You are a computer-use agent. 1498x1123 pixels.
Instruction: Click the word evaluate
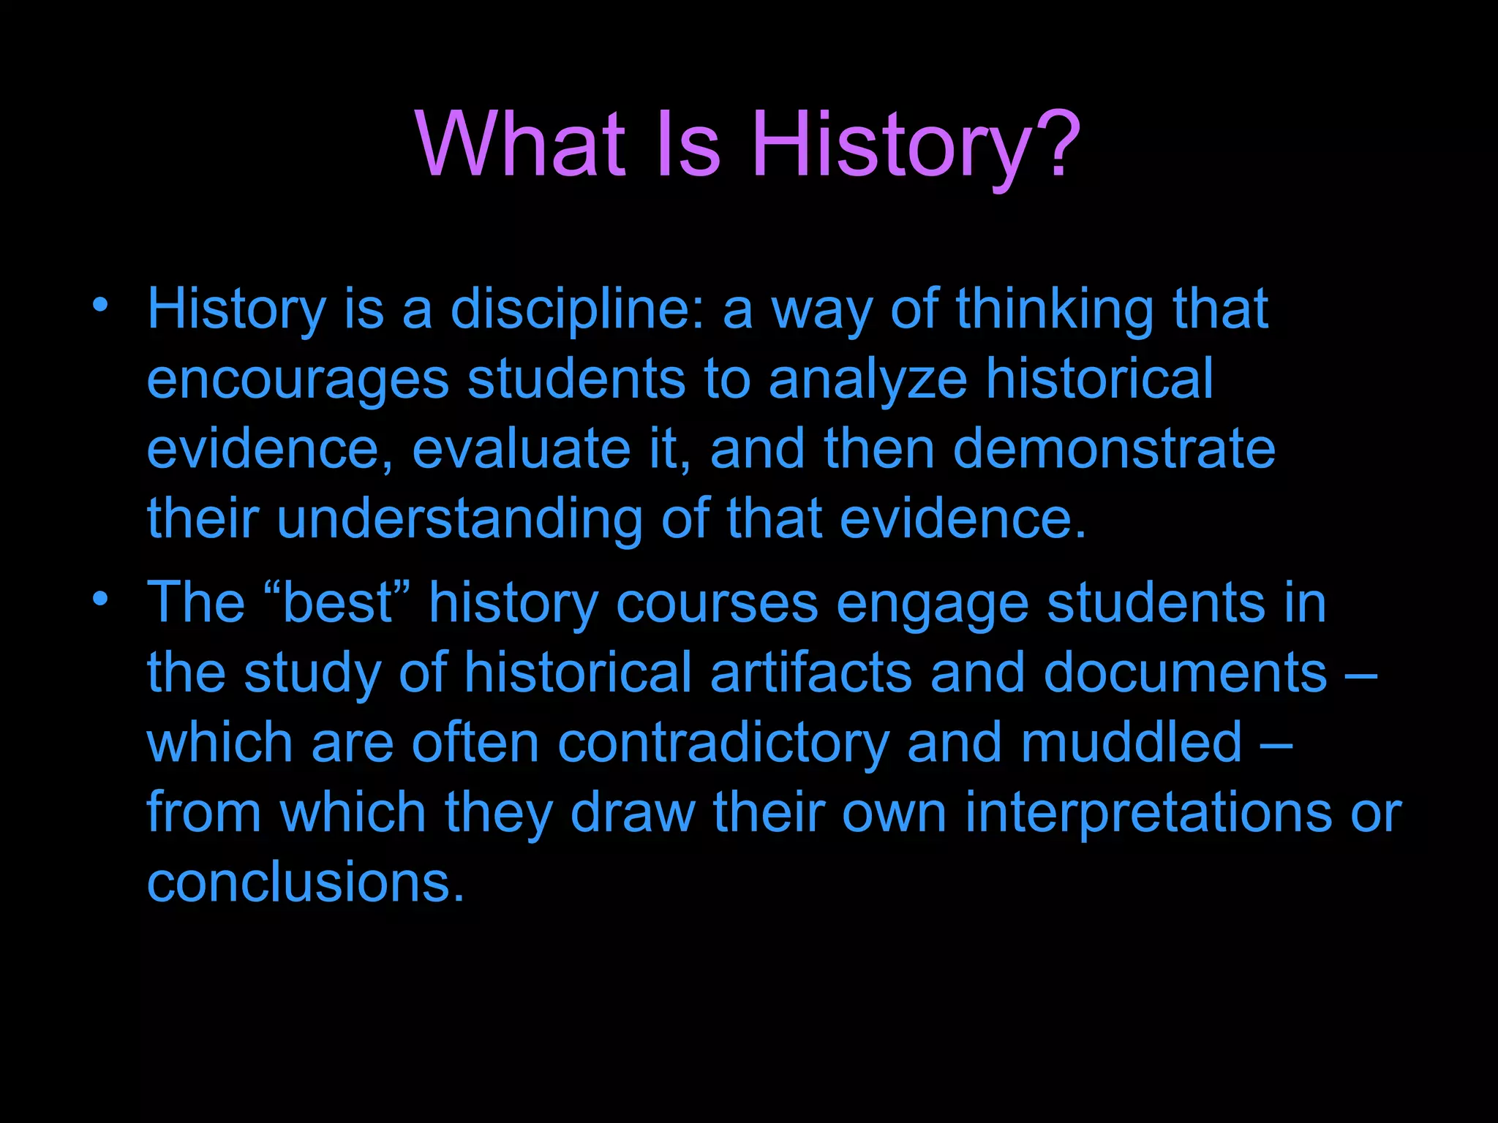(x=522, y=449)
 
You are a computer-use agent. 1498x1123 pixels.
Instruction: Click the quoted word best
(x=337, y=604)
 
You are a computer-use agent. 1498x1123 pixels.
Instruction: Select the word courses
(x=717, y=604)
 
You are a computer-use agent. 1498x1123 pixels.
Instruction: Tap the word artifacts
(x=810, y=673)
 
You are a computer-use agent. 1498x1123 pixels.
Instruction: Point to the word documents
(x=1185, y=673)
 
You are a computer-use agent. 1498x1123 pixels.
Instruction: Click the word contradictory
(x=723, y=743)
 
